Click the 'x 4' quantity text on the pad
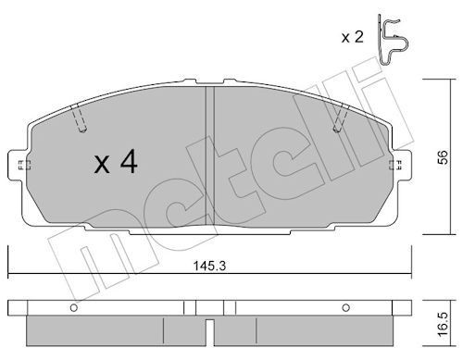[116, 165]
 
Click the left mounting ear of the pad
[21, 166]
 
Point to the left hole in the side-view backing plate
[72, 305]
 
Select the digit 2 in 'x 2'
[358, 37]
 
